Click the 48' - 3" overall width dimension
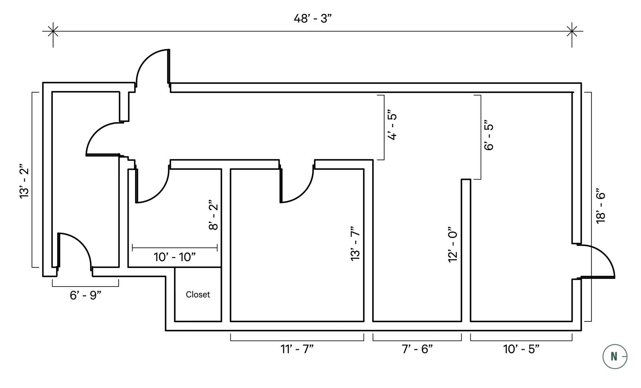(x=312, y=19)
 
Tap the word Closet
(x=198, y=295)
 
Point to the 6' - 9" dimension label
(x=85, y=295)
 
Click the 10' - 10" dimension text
(x=175, y=257)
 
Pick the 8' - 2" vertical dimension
(x=213, y=215)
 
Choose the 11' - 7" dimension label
(x=297, y=349)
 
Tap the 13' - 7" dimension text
(x=355, y=244)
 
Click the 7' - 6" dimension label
(x=417, y=349)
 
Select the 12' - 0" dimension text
(x=453, y=244)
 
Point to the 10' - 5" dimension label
(x=521, y=349)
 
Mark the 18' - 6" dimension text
(x=600, y=206)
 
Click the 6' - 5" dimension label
(x=489, y=135)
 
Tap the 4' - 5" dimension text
(x=392, y=126)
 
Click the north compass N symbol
(x=614, y=356)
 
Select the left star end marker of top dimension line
(x=53, y=31)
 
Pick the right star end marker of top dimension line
(x=572, y=31)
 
